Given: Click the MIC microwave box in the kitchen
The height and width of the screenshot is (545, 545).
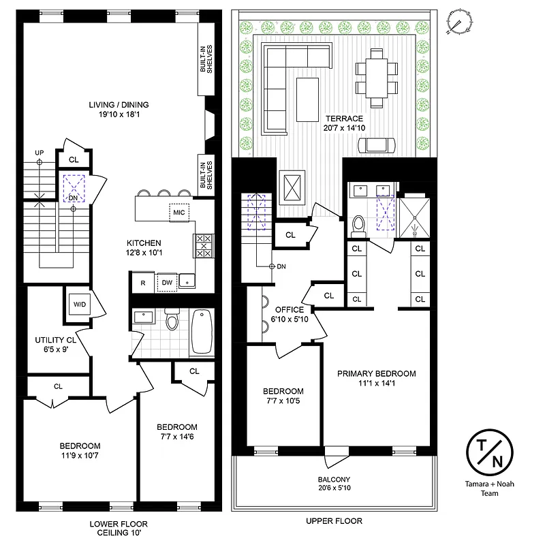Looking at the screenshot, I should click(x=178, y=212).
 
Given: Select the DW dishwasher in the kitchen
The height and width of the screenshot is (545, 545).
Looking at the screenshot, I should click(x=167, y=283).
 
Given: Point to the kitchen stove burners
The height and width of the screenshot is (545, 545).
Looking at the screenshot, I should click(x=203, y=245).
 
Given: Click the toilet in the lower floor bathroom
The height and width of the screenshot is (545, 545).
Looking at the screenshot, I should click(x=172, y=320).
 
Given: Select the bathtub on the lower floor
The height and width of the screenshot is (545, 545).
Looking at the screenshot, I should click(x=201, y=332).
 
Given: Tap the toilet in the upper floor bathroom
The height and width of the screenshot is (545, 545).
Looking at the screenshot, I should click(x=359, y=223).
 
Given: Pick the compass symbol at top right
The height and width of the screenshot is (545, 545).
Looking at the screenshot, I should click(x=458, y=22).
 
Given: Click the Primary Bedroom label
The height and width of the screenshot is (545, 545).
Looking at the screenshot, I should click(x=376, y=373).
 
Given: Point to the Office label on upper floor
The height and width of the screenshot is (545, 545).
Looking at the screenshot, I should click(x=290, y=309).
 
